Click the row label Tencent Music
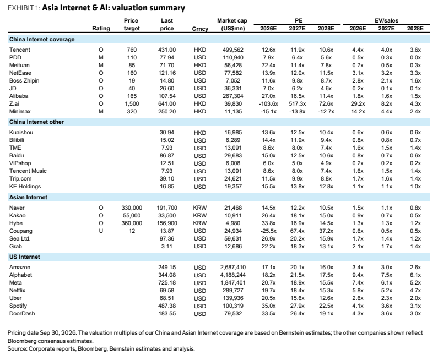(x=28, y=171)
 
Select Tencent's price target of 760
(x=132, y=50)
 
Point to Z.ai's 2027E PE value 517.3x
(x=297, y=103)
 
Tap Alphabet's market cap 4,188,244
(x=233, y=275)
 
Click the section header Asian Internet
(x=28, y=197)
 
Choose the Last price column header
(x=167, y=25)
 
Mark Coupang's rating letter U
(x=101, y=231)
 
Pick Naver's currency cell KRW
(x=200, y=208)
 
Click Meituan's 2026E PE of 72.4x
(x=268, y=65)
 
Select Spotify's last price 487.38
(x=167, y=306)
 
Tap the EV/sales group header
(x=387, y=21)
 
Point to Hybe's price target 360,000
(x=132, y=223)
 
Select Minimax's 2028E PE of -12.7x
(x=326, y=111)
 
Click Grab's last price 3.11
(x=167, y=246)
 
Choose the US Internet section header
(x=25, y=257)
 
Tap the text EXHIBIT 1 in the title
(x=24, y=8)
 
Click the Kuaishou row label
(x=21, y=132)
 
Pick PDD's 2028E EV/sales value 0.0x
(x=415, y=57)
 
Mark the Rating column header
(x=101, y=29)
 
